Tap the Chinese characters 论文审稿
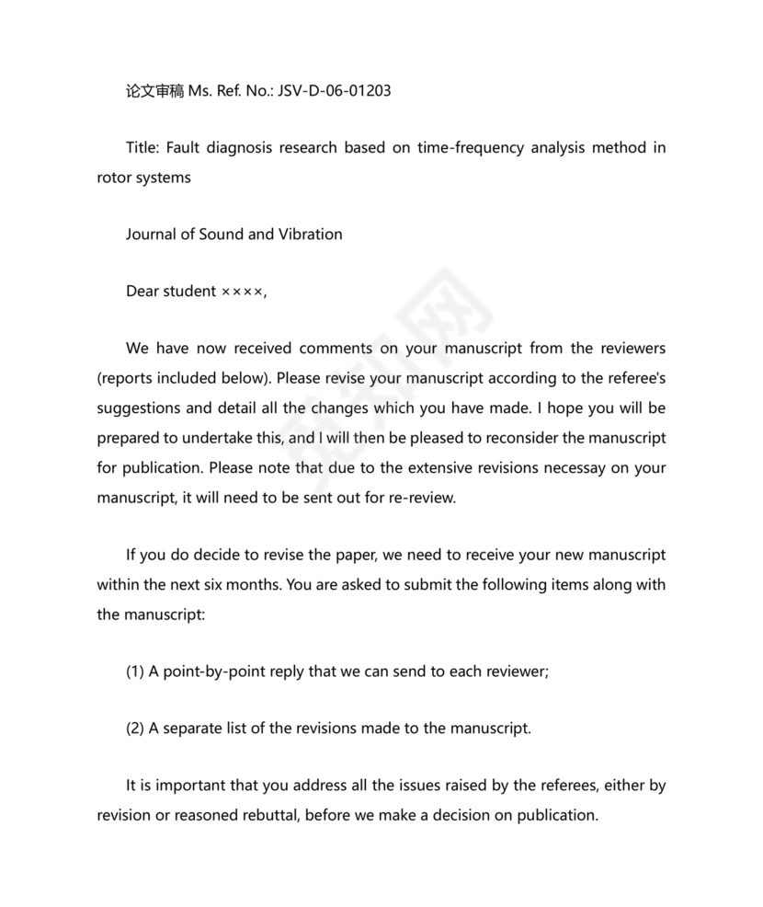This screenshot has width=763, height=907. click(154, 91)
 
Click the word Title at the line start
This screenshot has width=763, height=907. click(144, 147)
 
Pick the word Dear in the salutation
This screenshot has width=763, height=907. click(142, 292)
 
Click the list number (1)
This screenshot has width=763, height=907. click(135, 672)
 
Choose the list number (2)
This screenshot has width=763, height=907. click(135, 729)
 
